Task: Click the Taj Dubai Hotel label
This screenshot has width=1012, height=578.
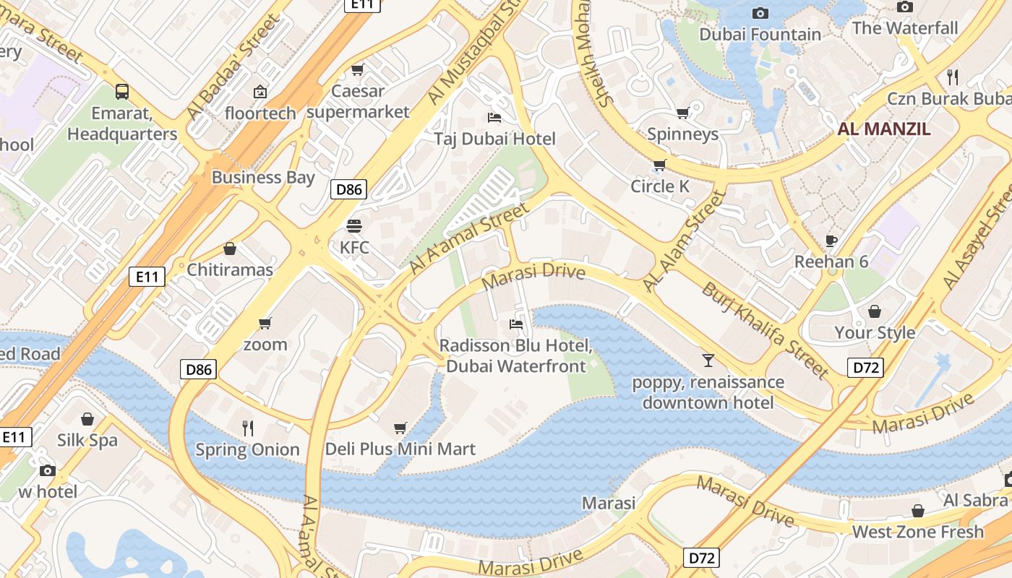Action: (494, 139)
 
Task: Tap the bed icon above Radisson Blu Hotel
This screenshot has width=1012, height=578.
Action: (516, 324)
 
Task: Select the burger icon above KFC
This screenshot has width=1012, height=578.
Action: (353, 225)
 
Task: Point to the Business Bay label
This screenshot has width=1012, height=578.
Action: (263, 177)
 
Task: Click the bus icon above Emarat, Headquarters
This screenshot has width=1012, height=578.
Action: (122, 92)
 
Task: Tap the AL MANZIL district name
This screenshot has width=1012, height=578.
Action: (884, 129)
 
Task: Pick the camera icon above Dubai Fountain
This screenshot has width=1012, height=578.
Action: (760, 13)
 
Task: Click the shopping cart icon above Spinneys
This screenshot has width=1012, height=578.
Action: (682, 113)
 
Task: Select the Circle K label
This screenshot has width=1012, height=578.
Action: (660, 186)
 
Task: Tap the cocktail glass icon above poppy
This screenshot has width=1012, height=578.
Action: (708, 360)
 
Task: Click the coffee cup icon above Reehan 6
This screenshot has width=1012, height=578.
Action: (831, 240)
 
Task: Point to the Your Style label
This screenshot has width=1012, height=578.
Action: (875, 332)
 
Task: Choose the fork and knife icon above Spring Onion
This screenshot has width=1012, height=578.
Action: (248, 428)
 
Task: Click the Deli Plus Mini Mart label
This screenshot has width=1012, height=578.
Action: (400, 449)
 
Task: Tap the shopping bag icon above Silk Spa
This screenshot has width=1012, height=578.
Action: (87, 419)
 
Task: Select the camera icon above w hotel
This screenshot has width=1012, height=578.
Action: (48, 470)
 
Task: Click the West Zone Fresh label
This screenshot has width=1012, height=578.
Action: (918, 532)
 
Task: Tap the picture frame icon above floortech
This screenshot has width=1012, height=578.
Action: (260, 92)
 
